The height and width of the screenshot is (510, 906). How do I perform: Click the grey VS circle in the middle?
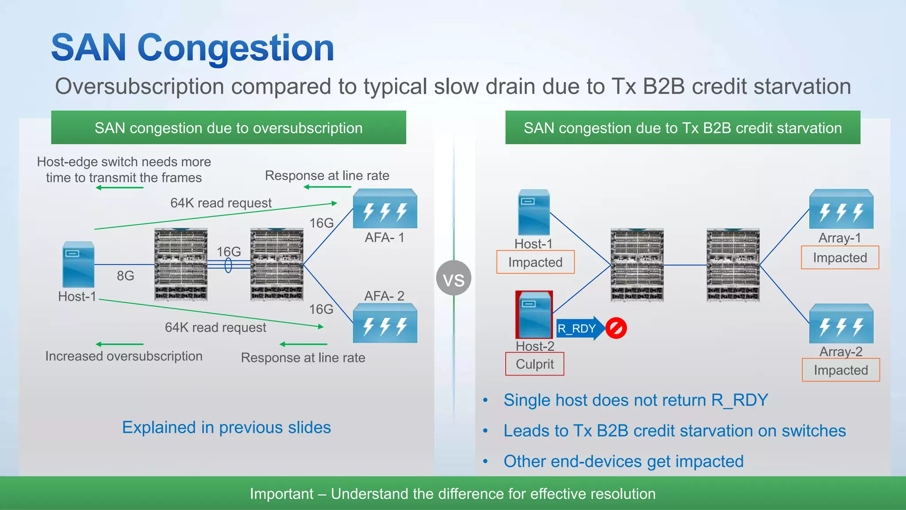[453, 278]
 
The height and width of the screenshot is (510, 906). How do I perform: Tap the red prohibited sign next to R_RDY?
[616, 328]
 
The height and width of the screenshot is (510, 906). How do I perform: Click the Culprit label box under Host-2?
[534, 364]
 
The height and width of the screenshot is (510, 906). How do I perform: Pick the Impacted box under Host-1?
[535, 262]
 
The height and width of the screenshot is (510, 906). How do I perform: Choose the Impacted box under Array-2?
[841, 370]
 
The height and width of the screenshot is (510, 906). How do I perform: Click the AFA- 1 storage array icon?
[385, 209]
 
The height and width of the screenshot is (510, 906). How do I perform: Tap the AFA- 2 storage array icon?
[385, 324]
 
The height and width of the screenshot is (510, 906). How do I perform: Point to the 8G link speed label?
[125, 276]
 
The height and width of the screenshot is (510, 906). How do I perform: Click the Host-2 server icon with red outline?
[534, 314]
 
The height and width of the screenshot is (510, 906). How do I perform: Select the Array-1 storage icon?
[841, 209]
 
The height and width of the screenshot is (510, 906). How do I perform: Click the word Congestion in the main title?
[236, 48]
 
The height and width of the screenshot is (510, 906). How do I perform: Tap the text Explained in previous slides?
[226, 428]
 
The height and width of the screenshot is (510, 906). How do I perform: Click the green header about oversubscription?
[228, 128]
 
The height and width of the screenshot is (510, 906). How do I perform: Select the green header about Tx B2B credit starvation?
[683, 128]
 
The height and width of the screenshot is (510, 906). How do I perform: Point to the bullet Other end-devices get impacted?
[623, 461]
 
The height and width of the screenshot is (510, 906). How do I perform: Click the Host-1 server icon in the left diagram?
[78, 265]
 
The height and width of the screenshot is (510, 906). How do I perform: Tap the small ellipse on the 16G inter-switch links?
[228, 265]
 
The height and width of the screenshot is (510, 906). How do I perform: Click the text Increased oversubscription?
[124, 356]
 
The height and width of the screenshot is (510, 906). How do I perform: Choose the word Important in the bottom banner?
[281, 494]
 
